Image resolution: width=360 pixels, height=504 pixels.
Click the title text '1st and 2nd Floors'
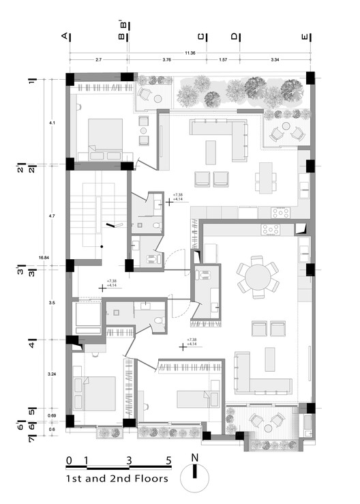coord(117,479)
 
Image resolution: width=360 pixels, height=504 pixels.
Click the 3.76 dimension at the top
coord(167,61)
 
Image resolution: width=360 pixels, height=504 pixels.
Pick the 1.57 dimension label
coord(222,61)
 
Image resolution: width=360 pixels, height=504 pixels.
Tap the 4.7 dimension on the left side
coord(52,216)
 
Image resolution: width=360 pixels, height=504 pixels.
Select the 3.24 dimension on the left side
coord(52,374)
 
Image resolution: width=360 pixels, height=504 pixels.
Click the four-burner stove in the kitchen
coord(280,212)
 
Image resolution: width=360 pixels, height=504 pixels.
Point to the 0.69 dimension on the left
coord(52,415)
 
